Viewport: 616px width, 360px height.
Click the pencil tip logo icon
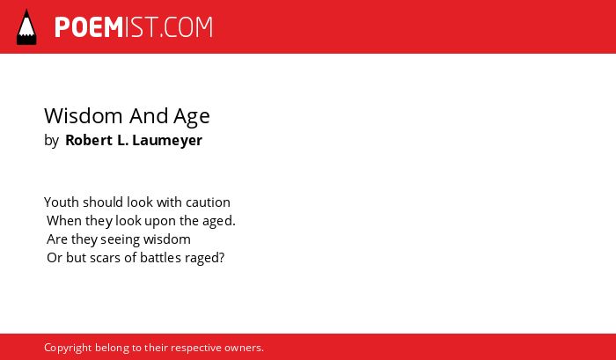click(x=26, y=26)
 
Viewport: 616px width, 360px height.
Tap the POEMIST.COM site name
click(x=134, y=27)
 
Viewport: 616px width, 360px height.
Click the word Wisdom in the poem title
click(x=84, y=116)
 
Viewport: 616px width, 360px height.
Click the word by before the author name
click(x=51, y=141)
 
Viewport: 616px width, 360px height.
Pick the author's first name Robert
click(x=89, y=140)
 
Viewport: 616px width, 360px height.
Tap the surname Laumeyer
click(x=167, y=141)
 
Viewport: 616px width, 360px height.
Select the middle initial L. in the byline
click(x=123, y=140)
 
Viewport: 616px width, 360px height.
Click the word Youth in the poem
click(x=62, y=202)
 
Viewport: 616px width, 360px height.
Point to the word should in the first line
click(x=103, y=202)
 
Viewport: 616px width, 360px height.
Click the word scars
click(x=105, y=258)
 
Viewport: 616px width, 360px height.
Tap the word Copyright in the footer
click(x=68, y=349)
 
